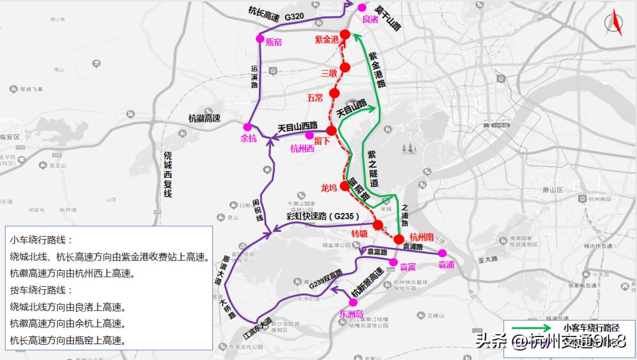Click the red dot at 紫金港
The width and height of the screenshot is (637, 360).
pyautogui.click(x=345, y=35)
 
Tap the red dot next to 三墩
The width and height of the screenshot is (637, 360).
pyautogui.click(x=345, y=67)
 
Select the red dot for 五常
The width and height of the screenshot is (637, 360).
pyautogui.click(x=335, y=93)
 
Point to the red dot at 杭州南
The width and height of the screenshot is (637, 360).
pyautogui.click(x=399, y=240)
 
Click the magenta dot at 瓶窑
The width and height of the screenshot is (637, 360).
pyautogui.click(x=260, y=38)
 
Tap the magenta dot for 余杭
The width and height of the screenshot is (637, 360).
pyautogui.click(x=247, y=127)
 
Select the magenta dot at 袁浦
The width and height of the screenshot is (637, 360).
pyautogui.click(x=442, y=253)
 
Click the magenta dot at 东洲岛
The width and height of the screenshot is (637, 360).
pyautogui.click(x=353, y=303)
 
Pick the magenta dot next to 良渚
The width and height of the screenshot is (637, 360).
pyautogui.click(x=361, y=8)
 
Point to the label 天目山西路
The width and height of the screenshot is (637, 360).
pyautogui.click(x=297, y=126)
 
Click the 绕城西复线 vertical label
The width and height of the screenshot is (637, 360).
pyautogui.click(x=168, y=175)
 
